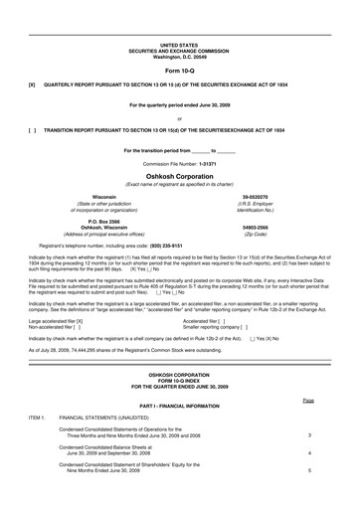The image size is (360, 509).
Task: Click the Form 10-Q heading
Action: coord(180,71)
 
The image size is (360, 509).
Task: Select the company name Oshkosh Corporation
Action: coord(180,173)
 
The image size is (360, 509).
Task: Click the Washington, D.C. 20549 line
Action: coord(180,57)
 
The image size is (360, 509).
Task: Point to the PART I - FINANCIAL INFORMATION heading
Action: coord(180,406)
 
